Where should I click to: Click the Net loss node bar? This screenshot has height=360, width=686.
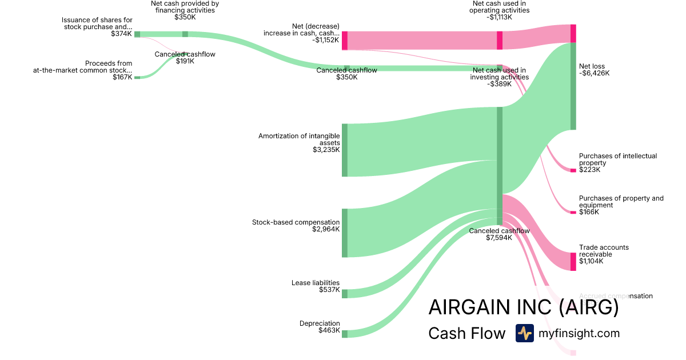pyautogui.click(x=573, y=86)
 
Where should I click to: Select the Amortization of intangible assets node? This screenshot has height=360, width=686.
pyautogui.click(x=345, y=150)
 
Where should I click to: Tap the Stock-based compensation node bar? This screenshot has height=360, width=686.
pyautogui.click(x=345, y=233)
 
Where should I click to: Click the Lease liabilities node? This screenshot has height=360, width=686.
pyautogui.click(x=345, y=294)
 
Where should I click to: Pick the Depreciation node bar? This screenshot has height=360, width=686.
pyautogui.click(x=345, y=334)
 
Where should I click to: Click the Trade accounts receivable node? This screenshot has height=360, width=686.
pyautogui.click(x=573, y=261)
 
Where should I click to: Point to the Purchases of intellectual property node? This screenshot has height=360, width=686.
pyautogui.click(x=573, y=170)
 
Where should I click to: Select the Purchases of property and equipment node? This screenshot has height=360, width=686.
pyautogui.click(x=573, y=212)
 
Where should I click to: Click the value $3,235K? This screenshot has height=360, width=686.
pyautogui.click(x=326, y=150)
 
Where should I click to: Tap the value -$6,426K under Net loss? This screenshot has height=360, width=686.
pyautogui.click(x=594, y=73)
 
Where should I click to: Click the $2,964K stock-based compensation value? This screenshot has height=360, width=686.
pyautogui.click(x=326, y=229)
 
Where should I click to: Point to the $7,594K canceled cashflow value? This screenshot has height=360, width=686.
pyautogui.click(x=499, y=238)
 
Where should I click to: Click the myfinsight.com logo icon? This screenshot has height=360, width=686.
pyautogui.click(x=524, y=333)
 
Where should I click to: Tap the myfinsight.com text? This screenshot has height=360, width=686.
pyautogui.click(x=579, y=333)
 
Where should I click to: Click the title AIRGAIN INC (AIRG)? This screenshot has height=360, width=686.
pyautogui.click(x=523, y=307)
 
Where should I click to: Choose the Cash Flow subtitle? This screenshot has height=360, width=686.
pyautogui.click(x=466, y=333)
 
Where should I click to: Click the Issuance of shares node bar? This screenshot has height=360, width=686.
pyautogui.click(x=137, y=34)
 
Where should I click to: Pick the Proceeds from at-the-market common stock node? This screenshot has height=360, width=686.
pyautogui.click(x=137, y=77)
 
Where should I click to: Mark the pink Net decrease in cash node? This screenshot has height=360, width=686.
pyautogui.click(x=345, y=41)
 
